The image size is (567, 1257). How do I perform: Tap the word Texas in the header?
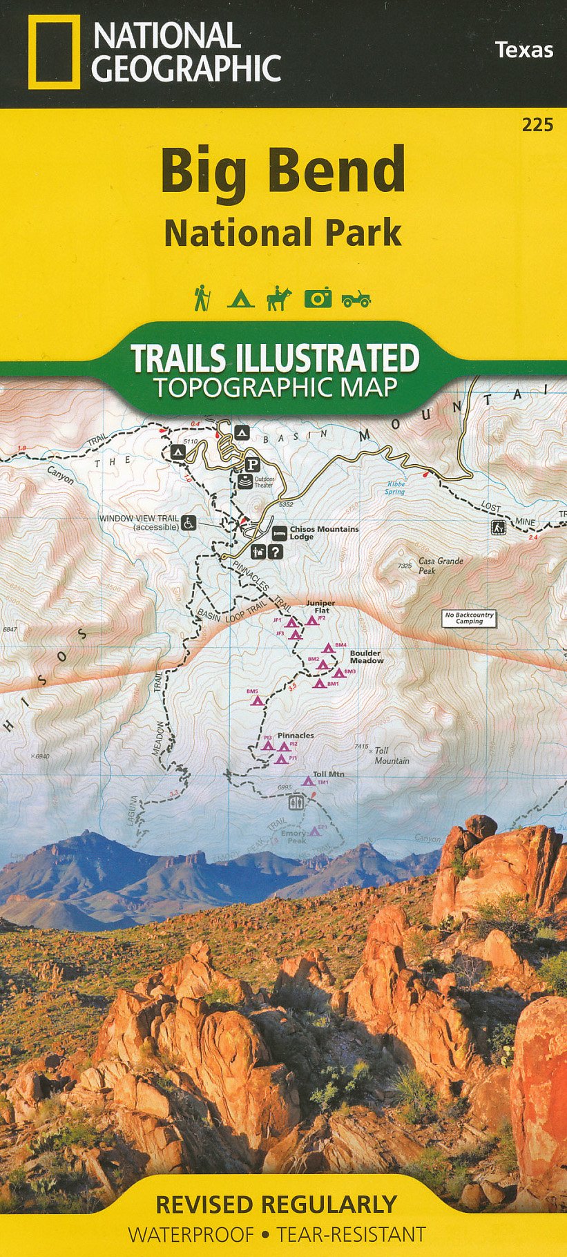coord(523,50)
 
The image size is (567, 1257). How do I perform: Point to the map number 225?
coord(537,125)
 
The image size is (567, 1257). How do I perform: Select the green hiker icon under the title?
coord(201,298)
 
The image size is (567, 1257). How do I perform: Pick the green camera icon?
coord(318,298)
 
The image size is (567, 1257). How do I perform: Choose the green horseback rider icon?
coord(279,298)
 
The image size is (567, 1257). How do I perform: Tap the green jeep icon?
coord(356,299)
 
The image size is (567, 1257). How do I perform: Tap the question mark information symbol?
coord(276,552)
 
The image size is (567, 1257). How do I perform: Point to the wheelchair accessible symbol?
coord(189,523)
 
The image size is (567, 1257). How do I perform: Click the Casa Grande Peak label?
coord(441,566)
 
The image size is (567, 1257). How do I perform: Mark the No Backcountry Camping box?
coord(470,618)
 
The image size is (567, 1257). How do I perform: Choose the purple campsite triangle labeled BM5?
coord(258,700)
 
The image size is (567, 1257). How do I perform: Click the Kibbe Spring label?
coord(395,488)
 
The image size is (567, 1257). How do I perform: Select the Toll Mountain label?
coord(391,756)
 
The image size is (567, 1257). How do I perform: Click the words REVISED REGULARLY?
coord(276,1205)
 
